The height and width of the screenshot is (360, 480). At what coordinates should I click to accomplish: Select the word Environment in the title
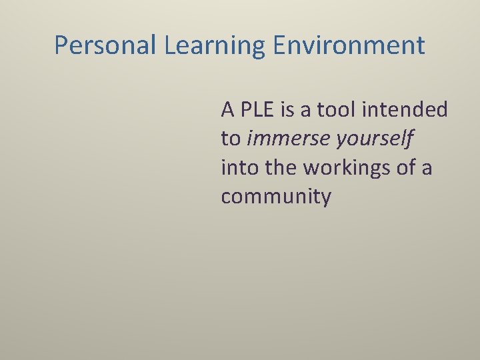point(348,45)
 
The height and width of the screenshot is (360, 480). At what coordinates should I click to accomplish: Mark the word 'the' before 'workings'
point(281,168)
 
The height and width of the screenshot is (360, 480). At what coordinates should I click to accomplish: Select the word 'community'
point(276,197)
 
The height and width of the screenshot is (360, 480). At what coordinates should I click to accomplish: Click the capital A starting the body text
point(228,109)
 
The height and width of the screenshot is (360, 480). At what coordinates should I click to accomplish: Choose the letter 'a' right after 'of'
point(427,168)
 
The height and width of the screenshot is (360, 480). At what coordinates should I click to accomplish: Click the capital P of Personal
point(61,45)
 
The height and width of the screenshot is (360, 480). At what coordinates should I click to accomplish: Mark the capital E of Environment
point(279,45)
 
